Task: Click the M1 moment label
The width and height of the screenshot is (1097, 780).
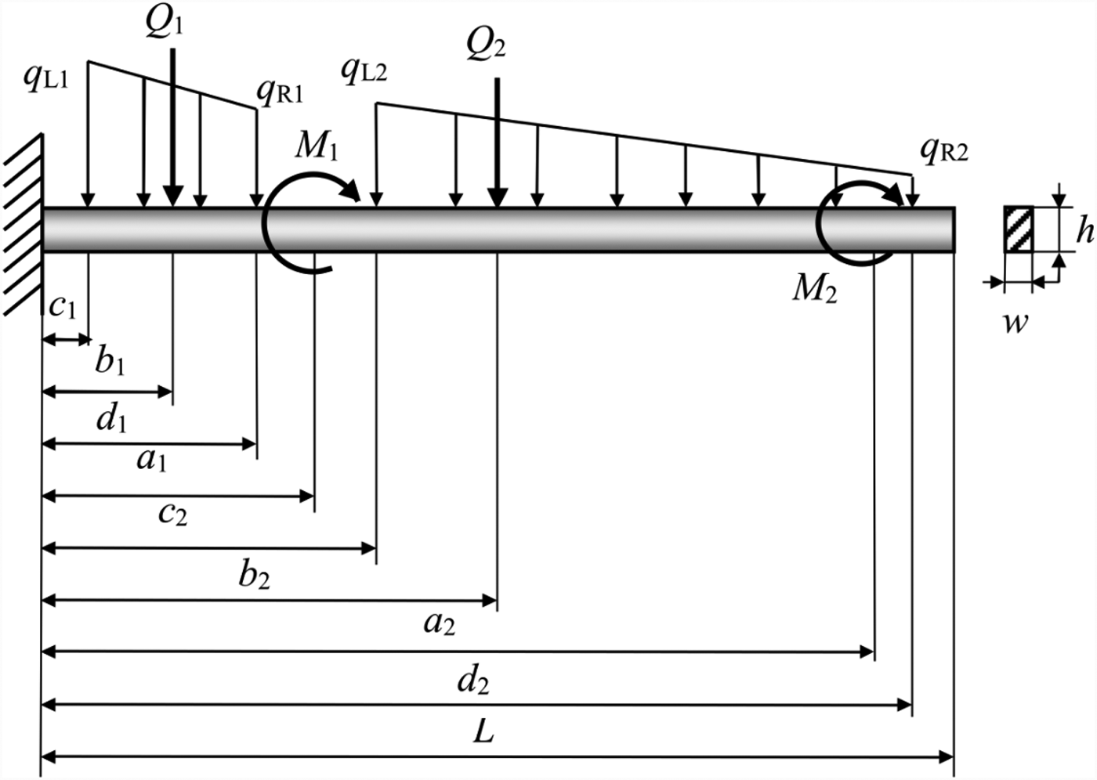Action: pos(317,145)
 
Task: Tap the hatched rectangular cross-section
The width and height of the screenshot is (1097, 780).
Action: pos(1019,229)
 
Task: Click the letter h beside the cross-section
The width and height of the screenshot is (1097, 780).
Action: pos(1084,231)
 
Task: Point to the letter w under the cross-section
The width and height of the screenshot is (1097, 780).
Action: pos(1016,321)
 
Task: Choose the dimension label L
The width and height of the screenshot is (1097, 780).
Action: pos(484,732)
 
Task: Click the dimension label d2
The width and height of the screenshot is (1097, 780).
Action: pos(473,681)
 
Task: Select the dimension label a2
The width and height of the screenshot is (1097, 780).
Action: pos(439,623)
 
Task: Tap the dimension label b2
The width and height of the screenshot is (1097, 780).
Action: pos(255,576)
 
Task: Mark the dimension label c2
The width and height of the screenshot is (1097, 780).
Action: pos(172,513)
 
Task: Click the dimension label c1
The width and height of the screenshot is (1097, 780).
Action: pos(63,306)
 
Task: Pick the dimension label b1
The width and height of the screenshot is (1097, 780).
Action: pos(110,362)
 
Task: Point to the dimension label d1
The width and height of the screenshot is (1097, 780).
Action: pos(111,420)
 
